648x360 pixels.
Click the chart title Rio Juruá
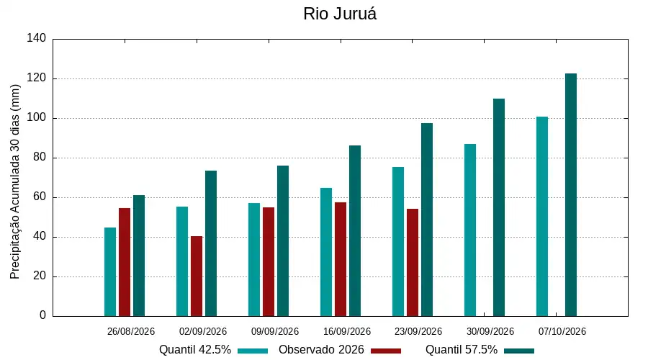click(x=340, y=14)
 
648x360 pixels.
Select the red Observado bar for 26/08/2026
click(x=125, y=262)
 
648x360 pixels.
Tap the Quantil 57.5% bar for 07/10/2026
click(x=571, y=194)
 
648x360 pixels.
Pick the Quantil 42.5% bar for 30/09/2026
click(x=470, y=230)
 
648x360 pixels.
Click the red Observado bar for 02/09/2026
click(x=197, y=276)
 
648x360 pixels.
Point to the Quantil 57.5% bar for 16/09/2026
click(x=355, y=230)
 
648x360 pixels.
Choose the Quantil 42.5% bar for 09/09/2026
click(x=254, y=260)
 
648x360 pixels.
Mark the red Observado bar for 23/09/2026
click(x=413, y=263)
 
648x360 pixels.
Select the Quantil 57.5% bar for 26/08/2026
click(x=139, y=256)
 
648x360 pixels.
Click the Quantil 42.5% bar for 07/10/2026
click(x=542, y=217)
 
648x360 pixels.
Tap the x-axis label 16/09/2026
click(x=347, y=331)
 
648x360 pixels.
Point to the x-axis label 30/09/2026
click(x=490, y=331)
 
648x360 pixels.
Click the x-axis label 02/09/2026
click(x=203, y=331)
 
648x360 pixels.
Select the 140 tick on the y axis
click(x=37, y=38)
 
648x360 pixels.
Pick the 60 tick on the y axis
click(x=40, y=197)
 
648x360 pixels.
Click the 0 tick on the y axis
click(x=43, y=315)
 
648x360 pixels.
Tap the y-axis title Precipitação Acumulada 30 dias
click(x=15, y=182)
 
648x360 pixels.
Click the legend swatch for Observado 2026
click(x=386, y=351)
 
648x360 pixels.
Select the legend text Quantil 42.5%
click(x=195, y=350)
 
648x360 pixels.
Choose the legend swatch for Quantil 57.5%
click(x=519, y=351)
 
